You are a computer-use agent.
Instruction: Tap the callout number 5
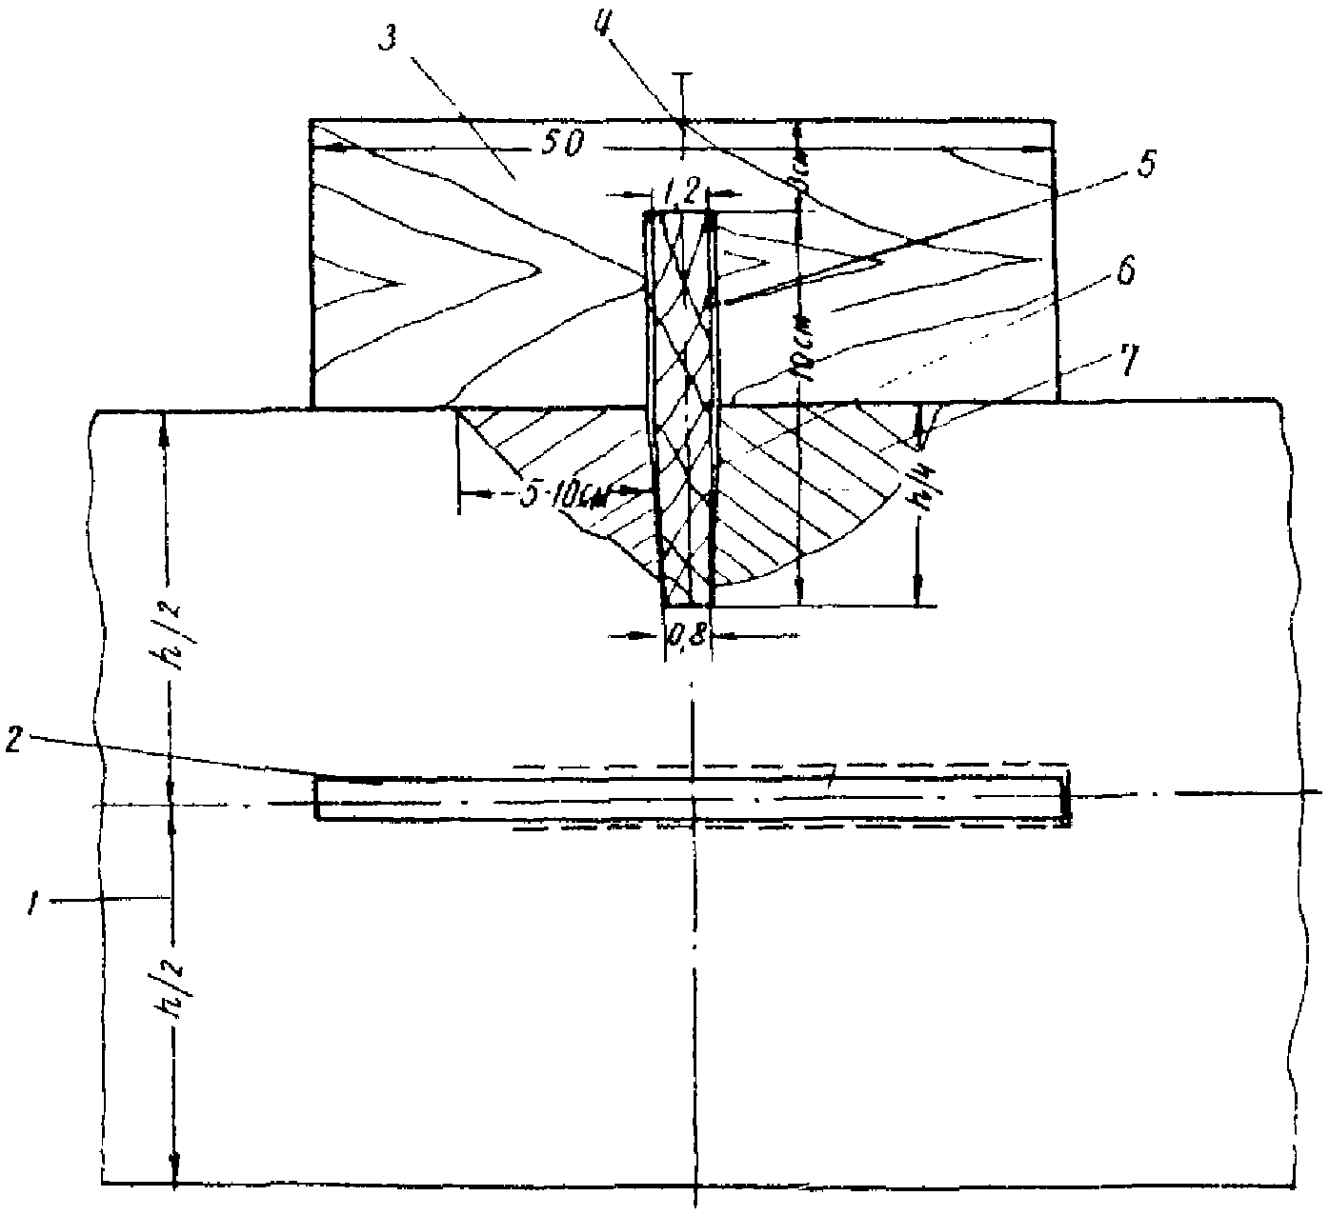[x=1146, y=165]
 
